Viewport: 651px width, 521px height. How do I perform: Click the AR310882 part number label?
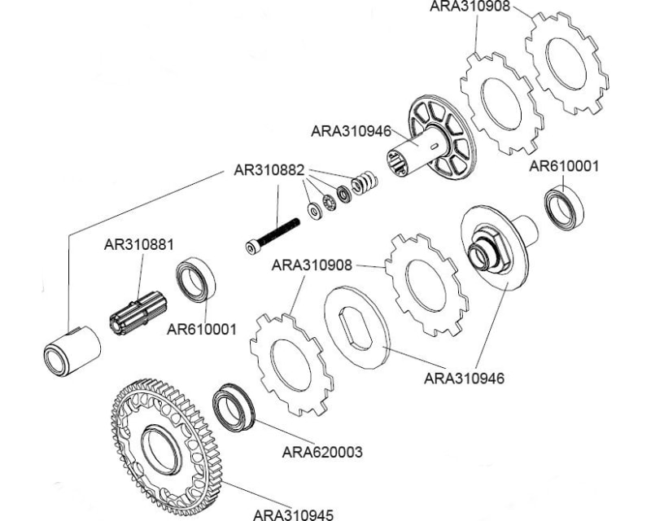pos(269,170)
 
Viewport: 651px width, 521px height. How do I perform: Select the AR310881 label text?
pos(138,244)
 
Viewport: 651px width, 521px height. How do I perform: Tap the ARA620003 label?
pos(322,452)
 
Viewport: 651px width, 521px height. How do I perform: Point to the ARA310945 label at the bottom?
pos(293,515)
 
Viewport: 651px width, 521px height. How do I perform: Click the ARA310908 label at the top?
pos(470,7)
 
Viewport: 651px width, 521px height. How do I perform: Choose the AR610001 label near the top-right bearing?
pos(564,167)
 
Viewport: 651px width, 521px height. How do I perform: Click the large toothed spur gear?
pos(168,447)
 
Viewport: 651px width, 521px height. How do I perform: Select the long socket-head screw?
pos(273,235)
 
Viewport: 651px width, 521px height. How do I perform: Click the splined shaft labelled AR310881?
pos(138,313)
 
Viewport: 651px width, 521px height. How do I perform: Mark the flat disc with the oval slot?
pos(357,326)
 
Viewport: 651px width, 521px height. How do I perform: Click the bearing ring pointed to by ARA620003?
pos(234,408)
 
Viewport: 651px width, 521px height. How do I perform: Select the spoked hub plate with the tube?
pos(430,140)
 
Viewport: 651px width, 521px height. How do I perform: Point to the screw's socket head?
pos(251,247)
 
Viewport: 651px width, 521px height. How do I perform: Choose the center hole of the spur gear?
pos(161,451)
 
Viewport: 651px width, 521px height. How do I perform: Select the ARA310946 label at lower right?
pos(464,379)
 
